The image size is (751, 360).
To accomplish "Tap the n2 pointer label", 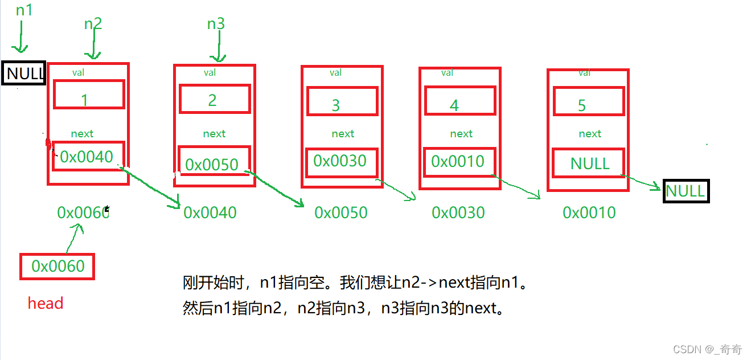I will tap(93, 24).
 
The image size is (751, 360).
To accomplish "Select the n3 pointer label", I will tap(216, 24).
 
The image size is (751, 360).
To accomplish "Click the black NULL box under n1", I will tap(23, 74).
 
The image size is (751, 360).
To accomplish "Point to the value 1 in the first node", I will tap(84, 100).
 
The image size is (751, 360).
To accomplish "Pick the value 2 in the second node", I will tap(212, 100).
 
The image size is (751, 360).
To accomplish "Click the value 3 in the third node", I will tap(336, 105).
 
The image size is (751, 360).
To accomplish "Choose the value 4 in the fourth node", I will tap(454, 105).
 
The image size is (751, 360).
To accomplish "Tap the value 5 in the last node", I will tap(581, 105).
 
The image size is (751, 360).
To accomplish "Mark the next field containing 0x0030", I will tap(340, 161).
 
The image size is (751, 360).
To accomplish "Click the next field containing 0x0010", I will tap(458, 161).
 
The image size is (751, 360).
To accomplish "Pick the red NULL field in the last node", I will tap(589, 163).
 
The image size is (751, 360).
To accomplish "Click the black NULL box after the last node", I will tap(686, 191).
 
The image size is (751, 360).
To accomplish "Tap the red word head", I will tap(46, 303).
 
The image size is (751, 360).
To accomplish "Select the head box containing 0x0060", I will tap(58, 266).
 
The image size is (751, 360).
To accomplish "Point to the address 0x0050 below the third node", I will tap(341, 212).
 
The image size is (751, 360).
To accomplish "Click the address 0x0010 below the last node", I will tap(589, 212).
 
